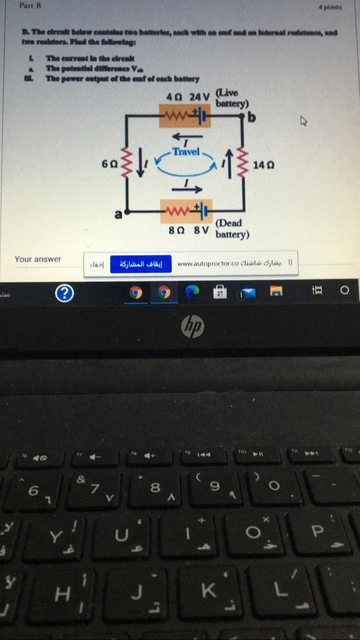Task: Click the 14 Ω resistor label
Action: tap(263, 164)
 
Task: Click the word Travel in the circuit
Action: tap(185, 151)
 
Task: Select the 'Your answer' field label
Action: tap(38, 259)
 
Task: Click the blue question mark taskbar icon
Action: tap(64, 293)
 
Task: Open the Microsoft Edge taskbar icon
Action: tap(192, 292)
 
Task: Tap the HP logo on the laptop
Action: tap(192, 327)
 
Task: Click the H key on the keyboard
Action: tap(62, 594)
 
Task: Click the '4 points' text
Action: tap(330, 7)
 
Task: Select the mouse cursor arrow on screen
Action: tap(303, 120)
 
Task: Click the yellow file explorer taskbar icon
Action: tap(276, 291)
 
